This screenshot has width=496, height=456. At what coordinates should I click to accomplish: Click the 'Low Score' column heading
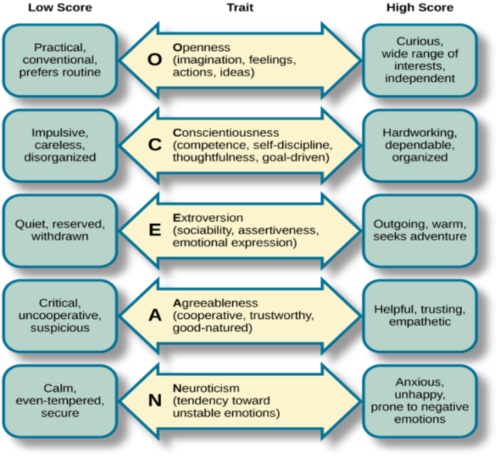coord(59,8)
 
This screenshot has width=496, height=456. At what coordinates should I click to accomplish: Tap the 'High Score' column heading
coord(420,8)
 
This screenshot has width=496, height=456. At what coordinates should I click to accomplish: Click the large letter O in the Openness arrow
coord(154,60)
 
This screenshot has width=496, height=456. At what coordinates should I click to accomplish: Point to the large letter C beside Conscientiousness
coord(154,146)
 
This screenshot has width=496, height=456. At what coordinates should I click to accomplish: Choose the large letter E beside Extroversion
coord(154,230)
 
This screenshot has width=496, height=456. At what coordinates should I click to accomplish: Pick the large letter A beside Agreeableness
coord(154,316)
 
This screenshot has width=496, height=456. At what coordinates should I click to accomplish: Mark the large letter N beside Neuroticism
coord(154,401)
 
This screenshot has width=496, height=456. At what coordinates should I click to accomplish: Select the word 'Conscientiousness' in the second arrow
coord(226,132)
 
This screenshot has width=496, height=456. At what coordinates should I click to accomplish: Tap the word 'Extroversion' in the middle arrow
coord(208,218)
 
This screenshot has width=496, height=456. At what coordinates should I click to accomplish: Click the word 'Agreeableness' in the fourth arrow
coord(215,303)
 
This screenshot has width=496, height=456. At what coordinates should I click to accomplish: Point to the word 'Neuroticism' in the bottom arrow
coord(207,388)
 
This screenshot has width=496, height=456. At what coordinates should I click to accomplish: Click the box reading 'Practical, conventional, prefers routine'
coord(60,60)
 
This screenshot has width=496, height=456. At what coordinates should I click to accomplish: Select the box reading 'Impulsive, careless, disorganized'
coord(60,146)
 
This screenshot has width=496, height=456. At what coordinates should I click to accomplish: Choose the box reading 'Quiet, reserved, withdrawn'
coord(60,230)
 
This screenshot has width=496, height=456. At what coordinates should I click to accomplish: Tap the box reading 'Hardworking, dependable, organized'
coord(420,146)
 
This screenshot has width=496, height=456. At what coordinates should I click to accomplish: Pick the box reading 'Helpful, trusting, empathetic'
coord(420,315)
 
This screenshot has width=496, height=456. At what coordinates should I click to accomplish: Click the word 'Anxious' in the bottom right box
coord(420,382)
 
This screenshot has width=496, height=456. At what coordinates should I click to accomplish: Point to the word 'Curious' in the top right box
coord(421,41)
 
